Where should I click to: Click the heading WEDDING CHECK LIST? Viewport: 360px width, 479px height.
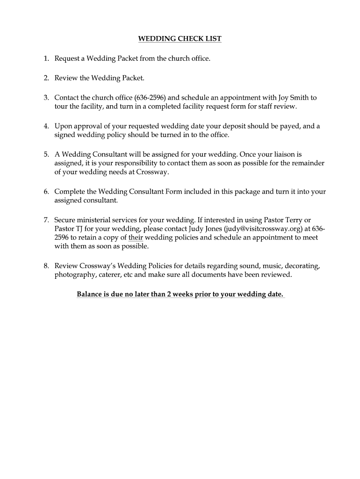click(x=180, y=39)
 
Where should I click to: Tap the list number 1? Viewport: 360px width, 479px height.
click(x=46, y=58)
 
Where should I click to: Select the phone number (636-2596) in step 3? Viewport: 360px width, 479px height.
click(x=150, y=98)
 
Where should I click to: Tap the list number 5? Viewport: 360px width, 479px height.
click(x=46, y=154)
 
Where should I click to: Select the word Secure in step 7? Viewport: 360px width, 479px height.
click(x=66, y=219)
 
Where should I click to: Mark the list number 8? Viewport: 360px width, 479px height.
click(x=46, y=266)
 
